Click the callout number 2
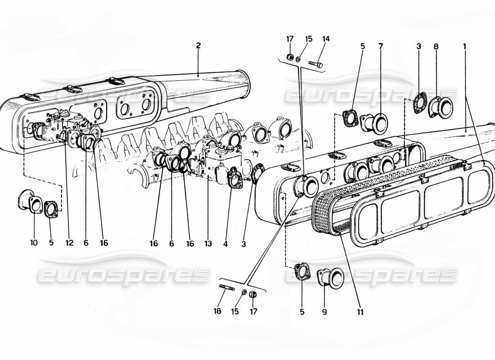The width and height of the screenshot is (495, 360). (198, 45)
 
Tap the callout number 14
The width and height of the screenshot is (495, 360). (325, 39)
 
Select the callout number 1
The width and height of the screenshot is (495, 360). (465, 45)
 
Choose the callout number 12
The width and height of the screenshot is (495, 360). (68, 243)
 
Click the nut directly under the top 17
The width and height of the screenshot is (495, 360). (290, 57)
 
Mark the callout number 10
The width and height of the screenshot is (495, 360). (34, 243)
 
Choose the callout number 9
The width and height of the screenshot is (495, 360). (324, 311)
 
